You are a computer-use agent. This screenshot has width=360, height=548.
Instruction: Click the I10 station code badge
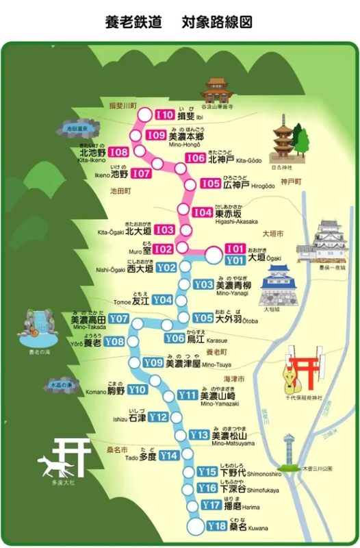[x=165, y=115]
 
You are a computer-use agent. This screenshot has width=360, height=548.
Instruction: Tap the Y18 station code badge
[x=216, y=526]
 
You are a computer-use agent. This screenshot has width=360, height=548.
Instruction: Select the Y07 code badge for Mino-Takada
[x=118, y=319]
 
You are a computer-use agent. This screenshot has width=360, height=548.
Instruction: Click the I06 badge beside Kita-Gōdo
[x=196, y=158]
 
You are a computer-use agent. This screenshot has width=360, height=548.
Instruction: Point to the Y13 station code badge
[x=198, y=434]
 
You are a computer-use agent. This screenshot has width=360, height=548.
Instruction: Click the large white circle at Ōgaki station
[x=215, y=256]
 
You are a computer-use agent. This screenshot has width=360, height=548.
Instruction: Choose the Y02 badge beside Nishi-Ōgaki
[x=167, y=268]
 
